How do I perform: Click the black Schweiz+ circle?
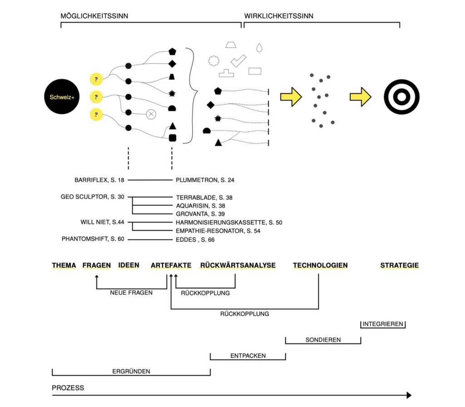[62, 97]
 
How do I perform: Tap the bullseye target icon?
[401, 97]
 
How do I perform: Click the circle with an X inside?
[151, 114]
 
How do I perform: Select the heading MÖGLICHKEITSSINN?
[94, 16]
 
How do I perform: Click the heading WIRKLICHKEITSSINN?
[279, 16]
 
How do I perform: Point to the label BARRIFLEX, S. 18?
[99, 180]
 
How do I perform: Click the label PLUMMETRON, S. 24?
[205, 180]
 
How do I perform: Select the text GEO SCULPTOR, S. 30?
[92, 197]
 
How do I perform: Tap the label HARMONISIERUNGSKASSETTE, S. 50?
[229, 222]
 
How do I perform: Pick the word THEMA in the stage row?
[64, 265]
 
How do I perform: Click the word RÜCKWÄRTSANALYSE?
[237, 265]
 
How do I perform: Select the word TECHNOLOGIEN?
[320, 265]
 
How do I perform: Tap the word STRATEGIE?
[400, 265]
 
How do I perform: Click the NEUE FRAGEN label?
[131, 293]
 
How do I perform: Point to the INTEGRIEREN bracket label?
[383, 324]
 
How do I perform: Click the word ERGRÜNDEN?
[131, 371]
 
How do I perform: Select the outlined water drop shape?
[259, 47]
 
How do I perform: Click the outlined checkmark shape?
[238, 60]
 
